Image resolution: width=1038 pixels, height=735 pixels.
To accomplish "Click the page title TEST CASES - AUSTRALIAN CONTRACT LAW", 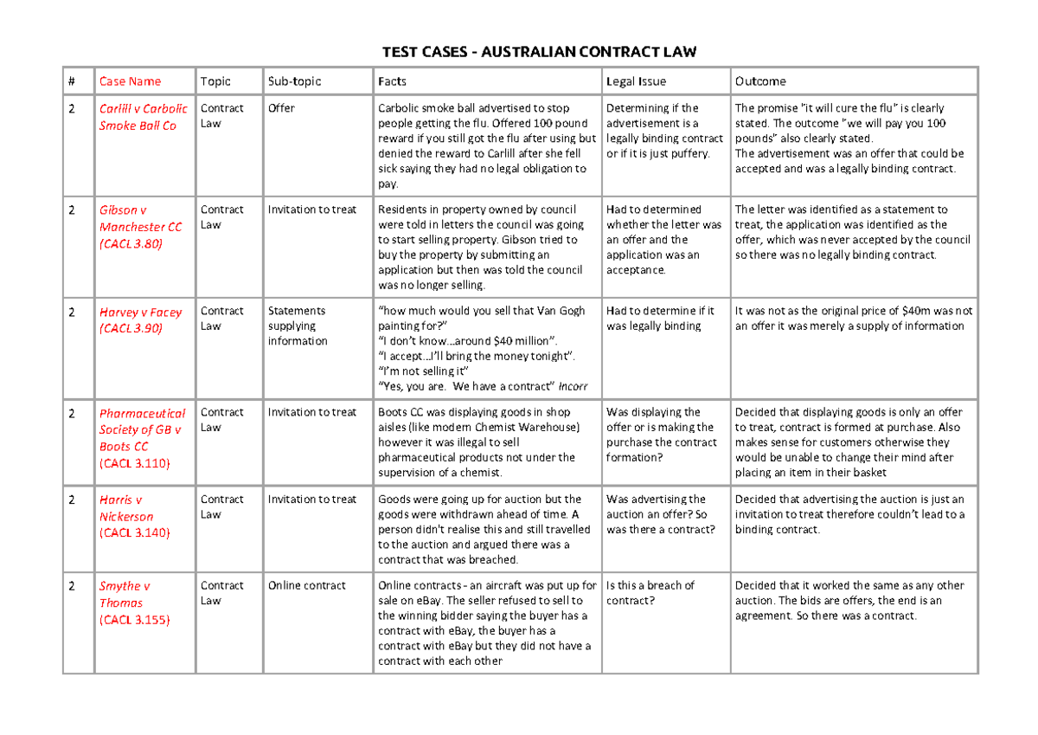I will (539, 53).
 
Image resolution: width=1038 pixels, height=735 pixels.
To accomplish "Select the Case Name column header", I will (130, 81).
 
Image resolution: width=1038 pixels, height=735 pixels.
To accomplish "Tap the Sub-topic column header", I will (294, 81).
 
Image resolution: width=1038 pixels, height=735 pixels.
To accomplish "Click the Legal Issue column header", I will (636, 81).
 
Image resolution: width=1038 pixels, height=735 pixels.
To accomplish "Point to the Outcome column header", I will (760, 81).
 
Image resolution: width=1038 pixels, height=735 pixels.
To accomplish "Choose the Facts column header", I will (392, 81).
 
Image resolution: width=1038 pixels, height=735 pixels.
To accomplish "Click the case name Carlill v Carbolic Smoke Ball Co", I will (143, 117).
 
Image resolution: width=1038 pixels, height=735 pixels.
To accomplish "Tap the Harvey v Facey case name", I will (140, 319).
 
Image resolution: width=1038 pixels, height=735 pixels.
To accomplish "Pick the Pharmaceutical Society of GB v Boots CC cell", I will (142, 438).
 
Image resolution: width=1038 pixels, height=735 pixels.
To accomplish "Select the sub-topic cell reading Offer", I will (281, 108).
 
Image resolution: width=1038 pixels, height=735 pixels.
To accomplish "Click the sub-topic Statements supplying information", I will (298, 326).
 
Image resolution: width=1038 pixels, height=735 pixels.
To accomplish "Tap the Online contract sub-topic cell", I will (306, 585).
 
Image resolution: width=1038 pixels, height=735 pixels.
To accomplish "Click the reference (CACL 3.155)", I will (134, 619).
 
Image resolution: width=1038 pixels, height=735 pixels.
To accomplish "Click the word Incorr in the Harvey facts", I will (573, 386).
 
